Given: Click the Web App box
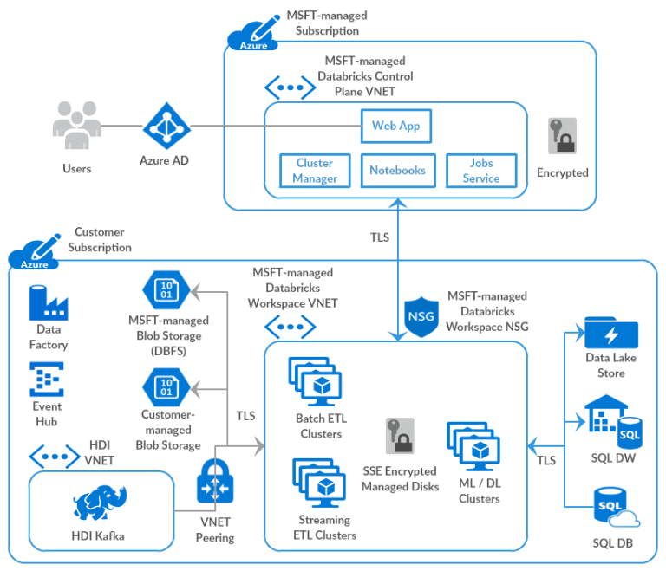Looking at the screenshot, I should tap(395, 126).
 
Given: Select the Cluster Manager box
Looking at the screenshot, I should tap(315, 170).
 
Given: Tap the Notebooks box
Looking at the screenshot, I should tap(397, 170).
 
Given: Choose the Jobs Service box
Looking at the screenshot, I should tap(480, 170).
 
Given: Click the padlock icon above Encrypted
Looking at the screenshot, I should tap(562, 136).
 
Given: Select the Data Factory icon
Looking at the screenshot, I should tap(49, 302).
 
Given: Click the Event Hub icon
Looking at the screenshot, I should tap(47, 380).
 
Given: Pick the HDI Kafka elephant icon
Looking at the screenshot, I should tap(97, 505).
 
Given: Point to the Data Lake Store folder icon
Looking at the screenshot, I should tap(610, 334).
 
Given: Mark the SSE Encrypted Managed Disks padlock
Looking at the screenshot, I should tap(400, 437).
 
